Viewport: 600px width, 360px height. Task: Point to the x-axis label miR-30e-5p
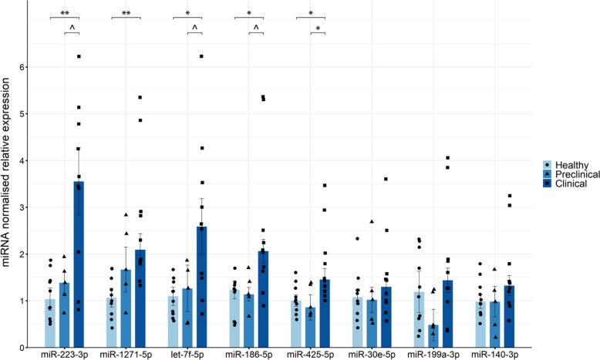tap(373, 354)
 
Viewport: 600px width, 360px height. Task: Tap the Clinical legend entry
tap(569, 183)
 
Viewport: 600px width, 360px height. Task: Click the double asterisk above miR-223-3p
tap(66, 13)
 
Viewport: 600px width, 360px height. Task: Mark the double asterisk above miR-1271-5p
tap(126, 13)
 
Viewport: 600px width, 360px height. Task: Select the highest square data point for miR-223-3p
tap(79, 56)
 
